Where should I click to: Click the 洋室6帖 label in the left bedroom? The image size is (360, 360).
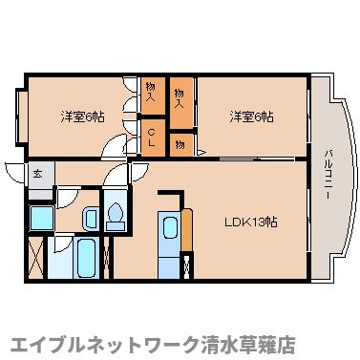[x=83, y=117]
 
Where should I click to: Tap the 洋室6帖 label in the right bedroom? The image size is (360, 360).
[x=251, y=117]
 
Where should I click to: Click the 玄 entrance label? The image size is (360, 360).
[x=37, y=175]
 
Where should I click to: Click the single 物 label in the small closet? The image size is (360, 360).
[x=179, y=143]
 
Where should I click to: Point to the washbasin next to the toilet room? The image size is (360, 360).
[x=91, y=218]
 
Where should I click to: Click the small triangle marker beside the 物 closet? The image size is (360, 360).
[x=201, y=149]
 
